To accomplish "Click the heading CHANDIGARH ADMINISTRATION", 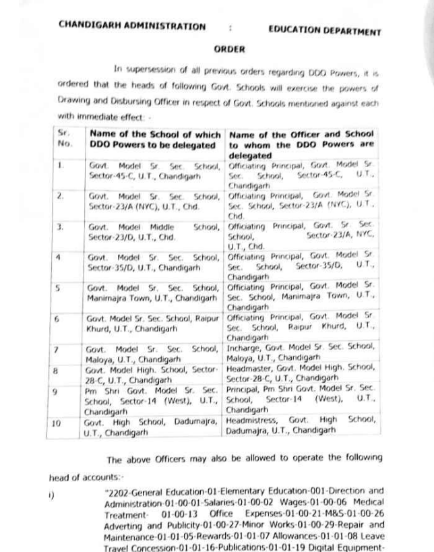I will pyautogui.click(x=132, y=26).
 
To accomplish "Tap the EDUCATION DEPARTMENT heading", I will pyautogui.click(x=324, y=31).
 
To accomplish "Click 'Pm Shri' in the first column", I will pyautogui.click(x=98, y=390).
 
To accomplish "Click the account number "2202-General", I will pyautogui.click(x=131, y=491).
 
